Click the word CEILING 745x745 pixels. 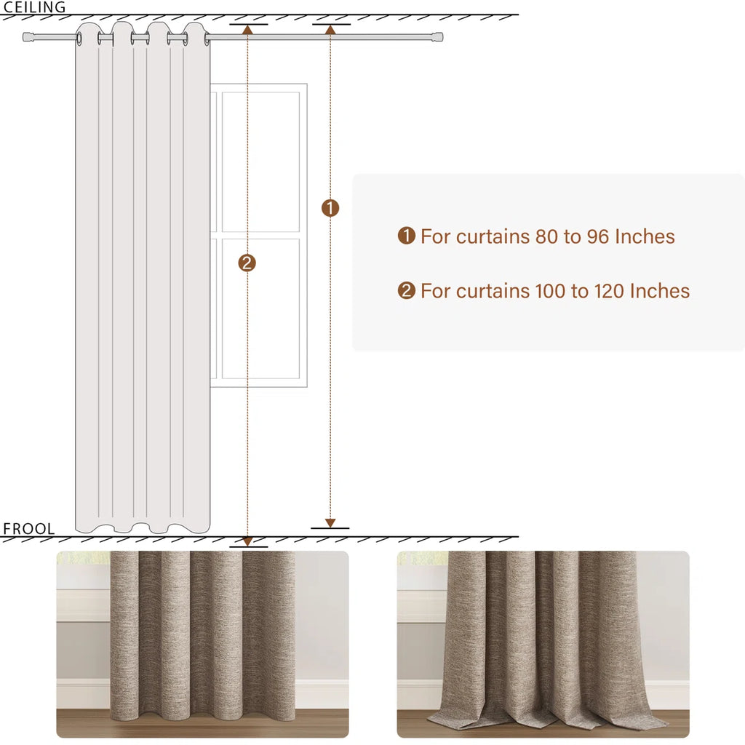(x=34, y=7)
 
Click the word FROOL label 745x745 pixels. (x=28, y=529)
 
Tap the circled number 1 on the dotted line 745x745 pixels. (x=330, y=209)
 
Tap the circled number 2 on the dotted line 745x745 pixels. (x=247, y=263)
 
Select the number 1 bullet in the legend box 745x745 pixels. (x=406, y=236)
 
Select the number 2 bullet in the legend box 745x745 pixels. (x=406, y=291)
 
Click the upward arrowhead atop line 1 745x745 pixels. (x=330, y=30)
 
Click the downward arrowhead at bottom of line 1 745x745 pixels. (x=330, y=522)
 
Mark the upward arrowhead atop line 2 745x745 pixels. (x=247, y=30)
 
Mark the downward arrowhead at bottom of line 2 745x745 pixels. (x=247, y=541)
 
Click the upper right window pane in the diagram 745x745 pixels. (x=260, y=162)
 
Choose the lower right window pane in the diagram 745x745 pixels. (x=260, y=308)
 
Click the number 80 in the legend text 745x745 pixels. (x=545, y=236)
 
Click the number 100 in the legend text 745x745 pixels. (x=551, y=291)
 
